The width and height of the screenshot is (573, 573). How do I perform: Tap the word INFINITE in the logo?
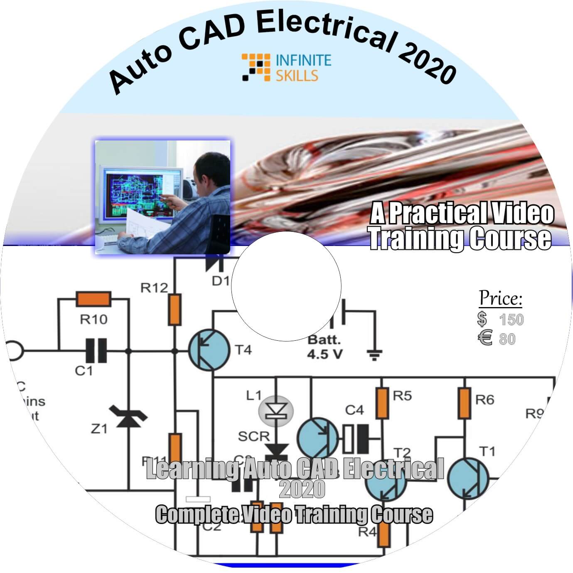click(x=304, y=60)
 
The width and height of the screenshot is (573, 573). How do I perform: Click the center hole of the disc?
click(x=286, y=286)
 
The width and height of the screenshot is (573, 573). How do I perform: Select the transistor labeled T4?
click(x=209, y=350)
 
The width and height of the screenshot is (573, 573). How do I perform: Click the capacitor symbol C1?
click(x=96, y=350)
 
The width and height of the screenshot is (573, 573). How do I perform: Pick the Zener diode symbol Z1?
click(x=128, y=416)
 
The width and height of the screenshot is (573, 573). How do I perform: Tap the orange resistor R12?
click(x=175, y=310)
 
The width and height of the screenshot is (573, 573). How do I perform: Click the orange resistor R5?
click(x=382, y=403)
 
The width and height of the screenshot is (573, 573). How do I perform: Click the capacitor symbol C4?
click(x=356, y=438)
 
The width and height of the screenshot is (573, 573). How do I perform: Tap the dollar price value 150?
click(x=511, y=320)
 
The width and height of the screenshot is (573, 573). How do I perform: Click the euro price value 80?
click(x=507, y=339)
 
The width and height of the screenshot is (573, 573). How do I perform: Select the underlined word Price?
click(x=500, y=298)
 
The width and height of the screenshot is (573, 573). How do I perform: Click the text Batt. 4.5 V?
click(x=324, y=347)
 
